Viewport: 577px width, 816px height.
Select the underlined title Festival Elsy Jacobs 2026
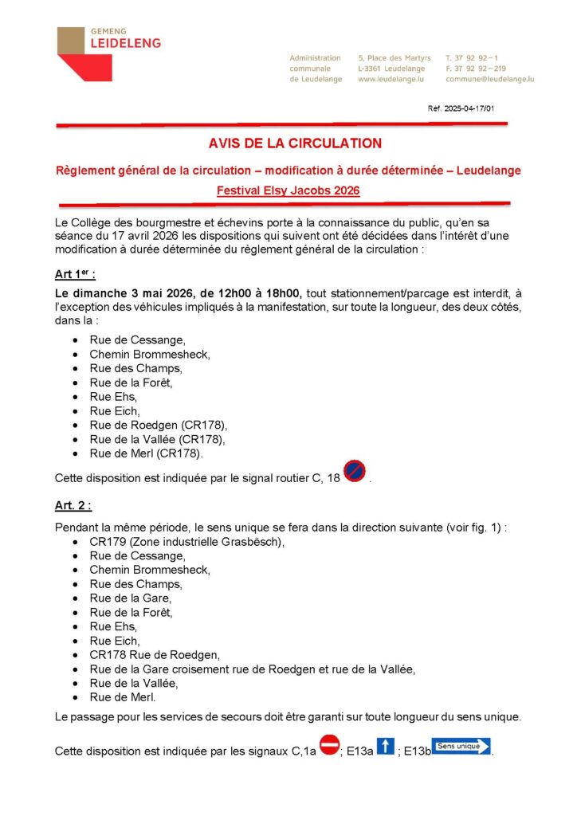click(288, 190)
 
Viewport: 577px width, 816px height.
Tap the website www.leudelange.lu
click(390, 80)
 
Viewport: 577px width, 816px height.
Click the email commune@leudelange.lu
click(489, 80)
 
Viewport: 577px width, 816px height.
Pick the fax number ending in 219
click(476, 69)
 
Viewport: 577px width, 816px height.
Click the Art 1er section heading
click(75, 274)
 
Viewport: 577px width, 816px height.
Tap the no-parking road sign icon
click(354, 472)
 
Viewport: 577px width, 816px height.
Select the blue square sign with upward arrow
click(385, 747)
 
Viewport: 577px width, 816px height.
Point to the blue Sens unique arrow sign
click(461, 747)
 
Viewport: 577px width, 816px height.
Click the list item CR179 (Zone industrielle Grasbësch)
click(186, 541)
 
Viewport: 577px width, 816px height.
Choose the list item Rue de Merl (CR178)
click(146, 453)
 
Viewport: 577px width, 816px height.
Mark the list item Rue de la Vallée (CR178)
click(157, 439)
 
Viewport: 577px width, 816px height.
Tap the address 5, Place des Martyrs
click(394, 58)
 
